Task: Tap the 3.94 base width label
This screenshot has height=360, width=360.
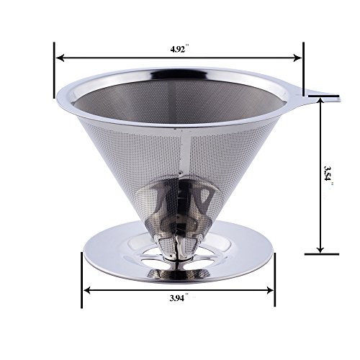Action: tap(179, 298)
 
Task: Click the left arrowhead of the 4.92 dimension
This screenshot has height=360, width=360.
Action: tap(60, 58)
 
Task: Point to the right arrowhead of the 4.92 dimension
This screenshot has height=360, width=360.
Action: tap(297, 58)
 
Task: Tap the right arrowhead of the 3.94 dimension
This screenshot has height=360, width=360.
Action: tap(270, 290)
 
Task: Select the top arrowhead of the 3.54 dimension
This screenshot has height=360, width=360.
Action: tap(320, 102)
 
